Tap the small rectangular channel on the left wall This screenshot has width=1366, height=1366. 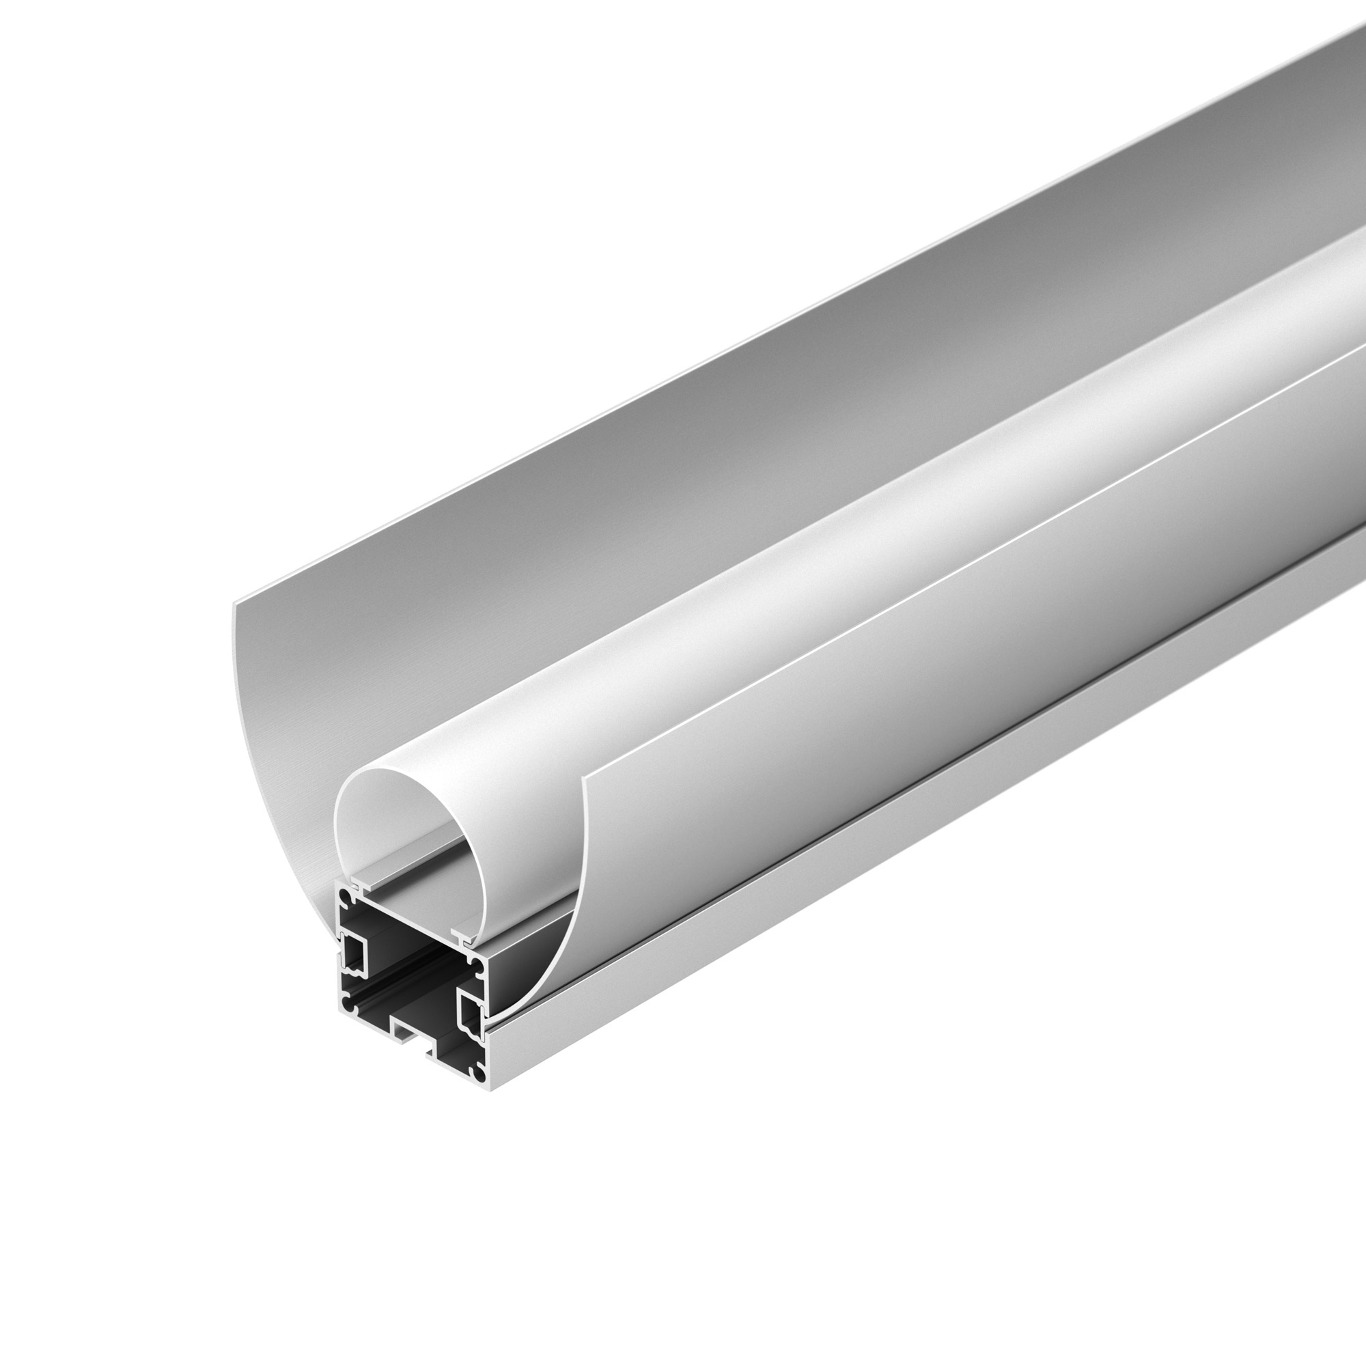click(354, 951)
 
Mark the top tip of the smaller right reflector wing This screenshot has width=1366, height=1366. click(584, 778)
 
